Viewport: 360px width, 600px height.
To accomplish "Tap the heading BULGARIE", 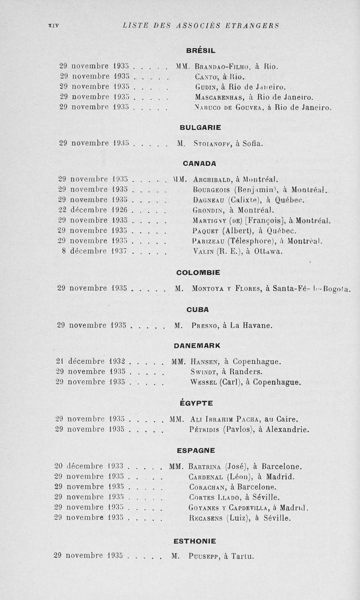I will click(x=200, y=127).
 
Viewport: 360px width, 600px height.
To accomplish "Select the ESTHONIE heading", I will click(x=194, y=541).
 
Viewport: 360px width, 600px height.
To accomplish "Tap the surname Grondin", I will click(x=208, y=209).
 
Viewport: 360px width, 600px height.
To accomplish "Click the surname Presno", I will click(x=207, y=325).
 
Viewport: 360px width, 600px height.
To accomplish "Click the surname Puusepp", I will click(x=209, y=555).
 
